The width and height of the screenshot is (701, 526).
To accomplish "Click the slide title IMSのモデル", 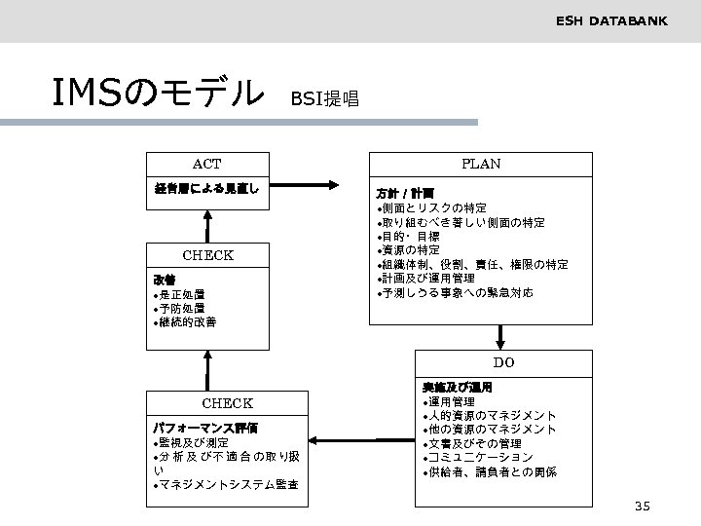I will tap(160, 94).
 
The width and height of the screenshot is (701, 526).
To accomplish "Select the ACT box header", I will tap(206, 164).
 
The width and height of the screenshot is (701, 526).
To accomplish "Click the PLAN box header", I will tap(481, 164).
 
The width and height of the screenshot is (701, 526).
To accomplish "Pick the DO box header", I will tap(503, 362).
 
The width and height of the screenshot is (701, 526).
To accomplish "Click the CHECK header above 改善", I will tap(207, 256).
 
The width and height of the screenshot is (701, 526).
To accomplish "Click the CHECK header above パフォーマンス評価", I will tap(227, 403).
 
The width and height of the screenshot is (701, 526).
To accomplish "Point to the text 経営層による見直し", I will tap(205, 188).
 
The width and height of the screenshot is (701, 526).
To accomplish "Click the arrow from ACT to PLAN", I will tap(303, 188).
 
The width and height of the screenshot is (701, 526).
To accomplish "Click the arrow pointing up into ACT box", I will tap(206, 224).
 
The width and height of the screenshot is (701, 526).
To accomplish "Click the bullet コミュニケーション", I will tap(477, 457).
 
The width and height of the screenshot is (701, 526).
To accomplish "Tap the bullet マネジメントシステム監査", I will tap(228, 484).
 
